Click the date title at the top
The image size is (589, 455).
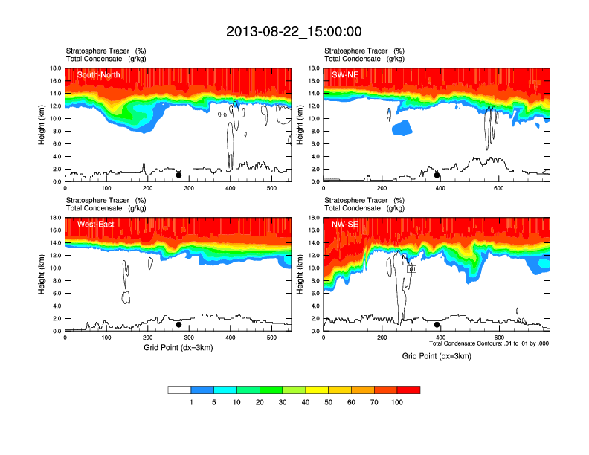294,31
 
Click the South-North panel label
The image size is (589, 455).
99,74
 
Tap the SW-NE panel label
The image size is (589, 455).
344,74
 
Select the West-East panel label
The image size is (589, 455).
95,225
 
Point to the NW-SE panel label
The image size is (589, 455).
344,225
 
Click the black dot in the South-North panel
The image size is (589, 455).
178,175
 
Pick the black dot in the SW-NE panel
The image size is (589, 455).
437,175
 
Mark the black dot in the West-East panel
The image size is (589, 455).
178,325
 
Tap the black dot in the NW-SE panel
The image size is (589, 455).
437,325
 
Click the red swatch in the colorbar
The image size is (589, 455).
408,390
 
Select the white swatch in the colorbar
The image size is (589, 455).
179,390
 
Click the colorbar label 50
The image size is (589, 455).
329,402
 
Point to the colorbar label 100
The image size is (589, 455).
397,402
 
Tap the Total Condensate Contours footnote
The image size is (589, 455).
489,343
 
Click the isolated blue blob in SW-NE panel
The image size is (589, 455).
402,127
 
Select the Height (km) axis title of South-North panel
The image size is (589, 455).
42,125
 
